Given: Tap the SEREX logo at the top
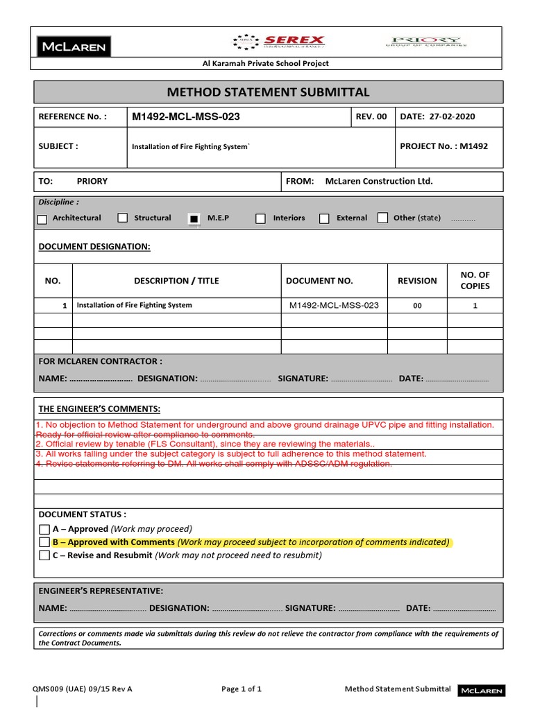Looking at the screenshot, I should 280,42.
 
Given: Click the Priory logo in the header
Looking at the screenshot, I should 426,42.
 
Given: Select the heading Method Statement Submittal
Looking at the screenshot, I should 268,92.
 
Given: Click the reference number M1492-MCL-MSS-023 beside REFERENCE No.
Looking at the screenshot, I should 186,116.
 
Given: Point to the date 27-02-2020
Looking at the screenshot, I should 452,116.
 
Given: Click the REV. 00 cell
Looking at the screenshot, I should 371,116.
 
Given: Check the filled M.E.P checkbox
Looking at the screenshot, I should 194,219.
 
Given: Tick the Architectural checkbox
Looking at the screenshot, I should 42,219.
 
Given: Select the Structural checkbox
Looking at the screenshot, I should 123,218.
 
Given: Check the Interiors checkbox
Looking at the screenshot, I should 260,219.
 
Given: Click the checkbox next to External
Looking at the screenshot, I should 324,219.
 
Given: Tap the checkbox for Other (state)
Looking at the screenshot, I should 382,218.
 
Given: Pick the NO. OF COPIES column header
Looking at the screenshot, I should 475,281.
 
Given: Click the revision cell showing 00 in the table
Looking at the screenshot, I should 417,306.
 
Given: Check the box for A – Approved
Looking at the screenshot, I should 44,530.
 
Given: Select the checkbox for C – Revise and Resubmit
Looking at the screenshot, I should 44,555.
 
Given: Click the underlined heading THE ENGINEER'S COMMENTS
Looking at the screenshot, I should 99,409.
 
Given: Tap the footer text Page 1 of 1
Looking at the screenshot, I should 242,689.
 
